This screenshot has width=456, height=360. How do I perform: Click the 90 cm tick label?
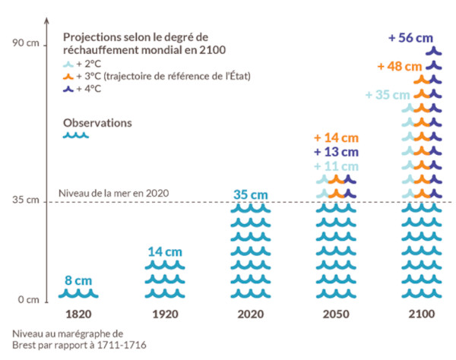coord(24,43)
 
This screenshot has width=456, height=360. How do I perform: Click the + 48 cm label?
coord(400,66)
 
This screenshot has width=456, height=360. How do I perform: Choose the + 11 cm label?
coord(336,166)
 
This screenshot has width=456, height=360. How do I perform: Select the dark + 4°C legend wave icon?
coord(68,89)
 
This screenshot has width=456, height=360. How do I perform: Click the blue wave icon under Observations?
coord(76,136)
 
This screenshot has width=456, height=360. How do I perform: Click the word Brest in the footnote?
coord(25,345)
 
